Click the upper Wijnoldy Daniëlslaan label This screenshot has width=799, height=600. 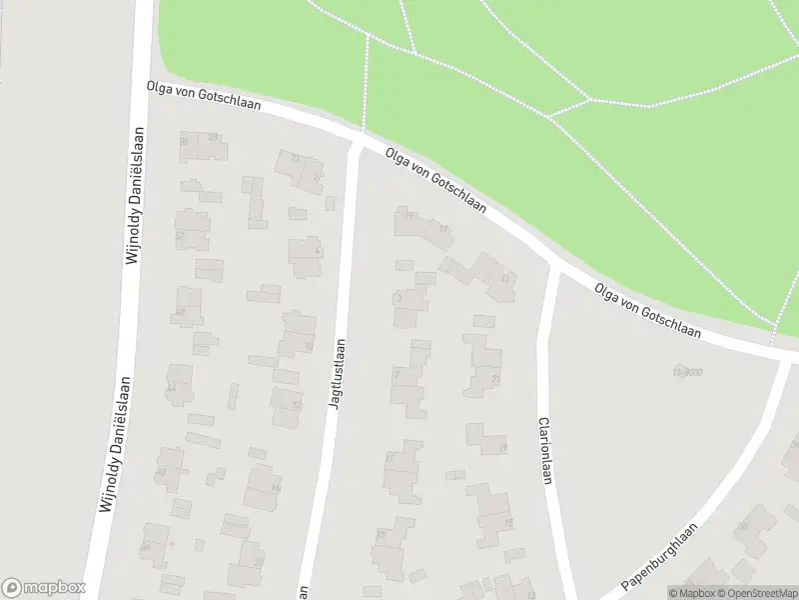(x=133, y=196)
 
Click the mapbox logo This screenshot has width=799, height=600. (x=43, y=588)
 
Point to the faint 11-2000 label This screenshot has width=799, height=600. (x=688, y=371)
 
